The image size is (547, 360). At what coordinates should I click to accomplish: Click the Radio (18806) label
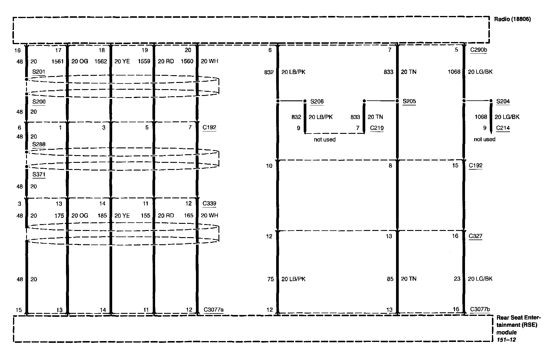pos(512,19)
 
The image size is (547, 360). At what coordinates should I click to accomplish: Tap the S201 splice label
pos(39,72)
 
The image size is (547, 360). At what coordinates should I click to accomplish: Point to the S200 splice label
pos(39,102)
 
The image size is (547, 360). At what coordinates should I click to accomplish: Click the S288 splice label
pos(39,144)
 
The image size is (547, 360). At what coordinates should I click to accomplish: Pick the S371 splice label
pos(39,174)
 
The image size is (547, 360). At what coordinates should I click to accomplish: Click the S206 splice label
pos(317,102)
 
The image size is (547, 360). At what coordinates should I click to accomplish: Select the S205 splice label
pos(409,102)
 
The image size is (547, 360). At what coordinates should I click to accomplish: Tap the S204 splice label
pos(503,102)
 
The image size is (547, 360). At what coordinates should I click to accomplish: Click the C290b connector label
pos(479,50)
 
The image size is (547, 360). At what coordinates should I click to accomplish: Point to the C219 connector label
pos(377,128)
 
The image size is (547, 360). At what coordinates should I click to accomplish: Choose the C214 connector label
pos(503,128)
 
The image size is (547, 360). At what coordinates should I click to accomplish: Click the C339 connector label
pos(209,203)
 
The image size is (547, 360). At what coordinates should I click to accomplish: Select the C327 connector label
pos(476,236)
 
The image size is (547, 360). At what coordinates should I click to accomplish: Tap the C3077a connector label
pos(213,310)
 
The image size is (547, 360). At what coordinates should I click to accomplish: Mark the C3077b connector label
pos(480,309)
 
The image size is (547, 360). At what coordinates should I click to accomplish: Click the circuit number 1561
pos(57,61)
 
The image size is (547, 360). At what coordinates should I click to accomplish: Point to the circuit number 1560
pos(187,61)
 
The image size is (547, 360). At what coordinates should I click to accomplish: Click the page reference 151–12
pos(506,340)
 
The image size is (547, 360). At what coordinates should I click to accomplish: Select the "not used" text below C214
pos(485,139)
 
